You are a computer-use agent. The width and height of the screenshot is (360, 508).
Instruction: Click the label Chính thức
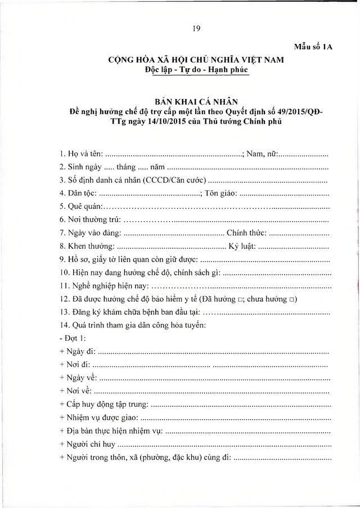[x=246, y=233]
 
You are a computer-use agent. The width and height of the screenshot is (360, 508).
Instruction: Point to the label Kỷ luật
[x=243, y=246]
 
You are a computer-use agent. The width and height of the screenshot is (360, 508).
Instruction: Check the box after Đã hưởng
[x=239, y=299]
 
